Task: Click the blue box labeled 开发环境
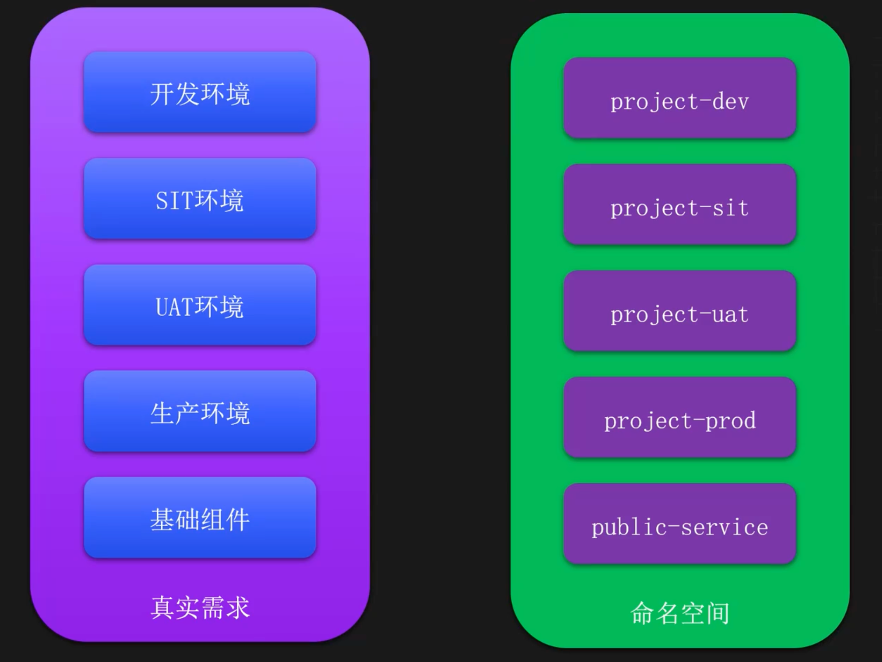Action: click(200, 93)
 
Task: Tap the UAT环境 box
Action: click(200, 305)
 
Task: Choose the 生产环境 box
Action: click(200, 411)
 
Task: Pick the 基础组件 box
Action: click(200, 518)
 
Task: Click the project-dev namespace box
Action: click(679, 98)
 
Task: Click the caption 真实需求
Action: click(200, 608)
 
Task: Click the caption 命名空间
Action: click(680, 613)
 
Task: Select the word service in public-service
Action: click(725, 527)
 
